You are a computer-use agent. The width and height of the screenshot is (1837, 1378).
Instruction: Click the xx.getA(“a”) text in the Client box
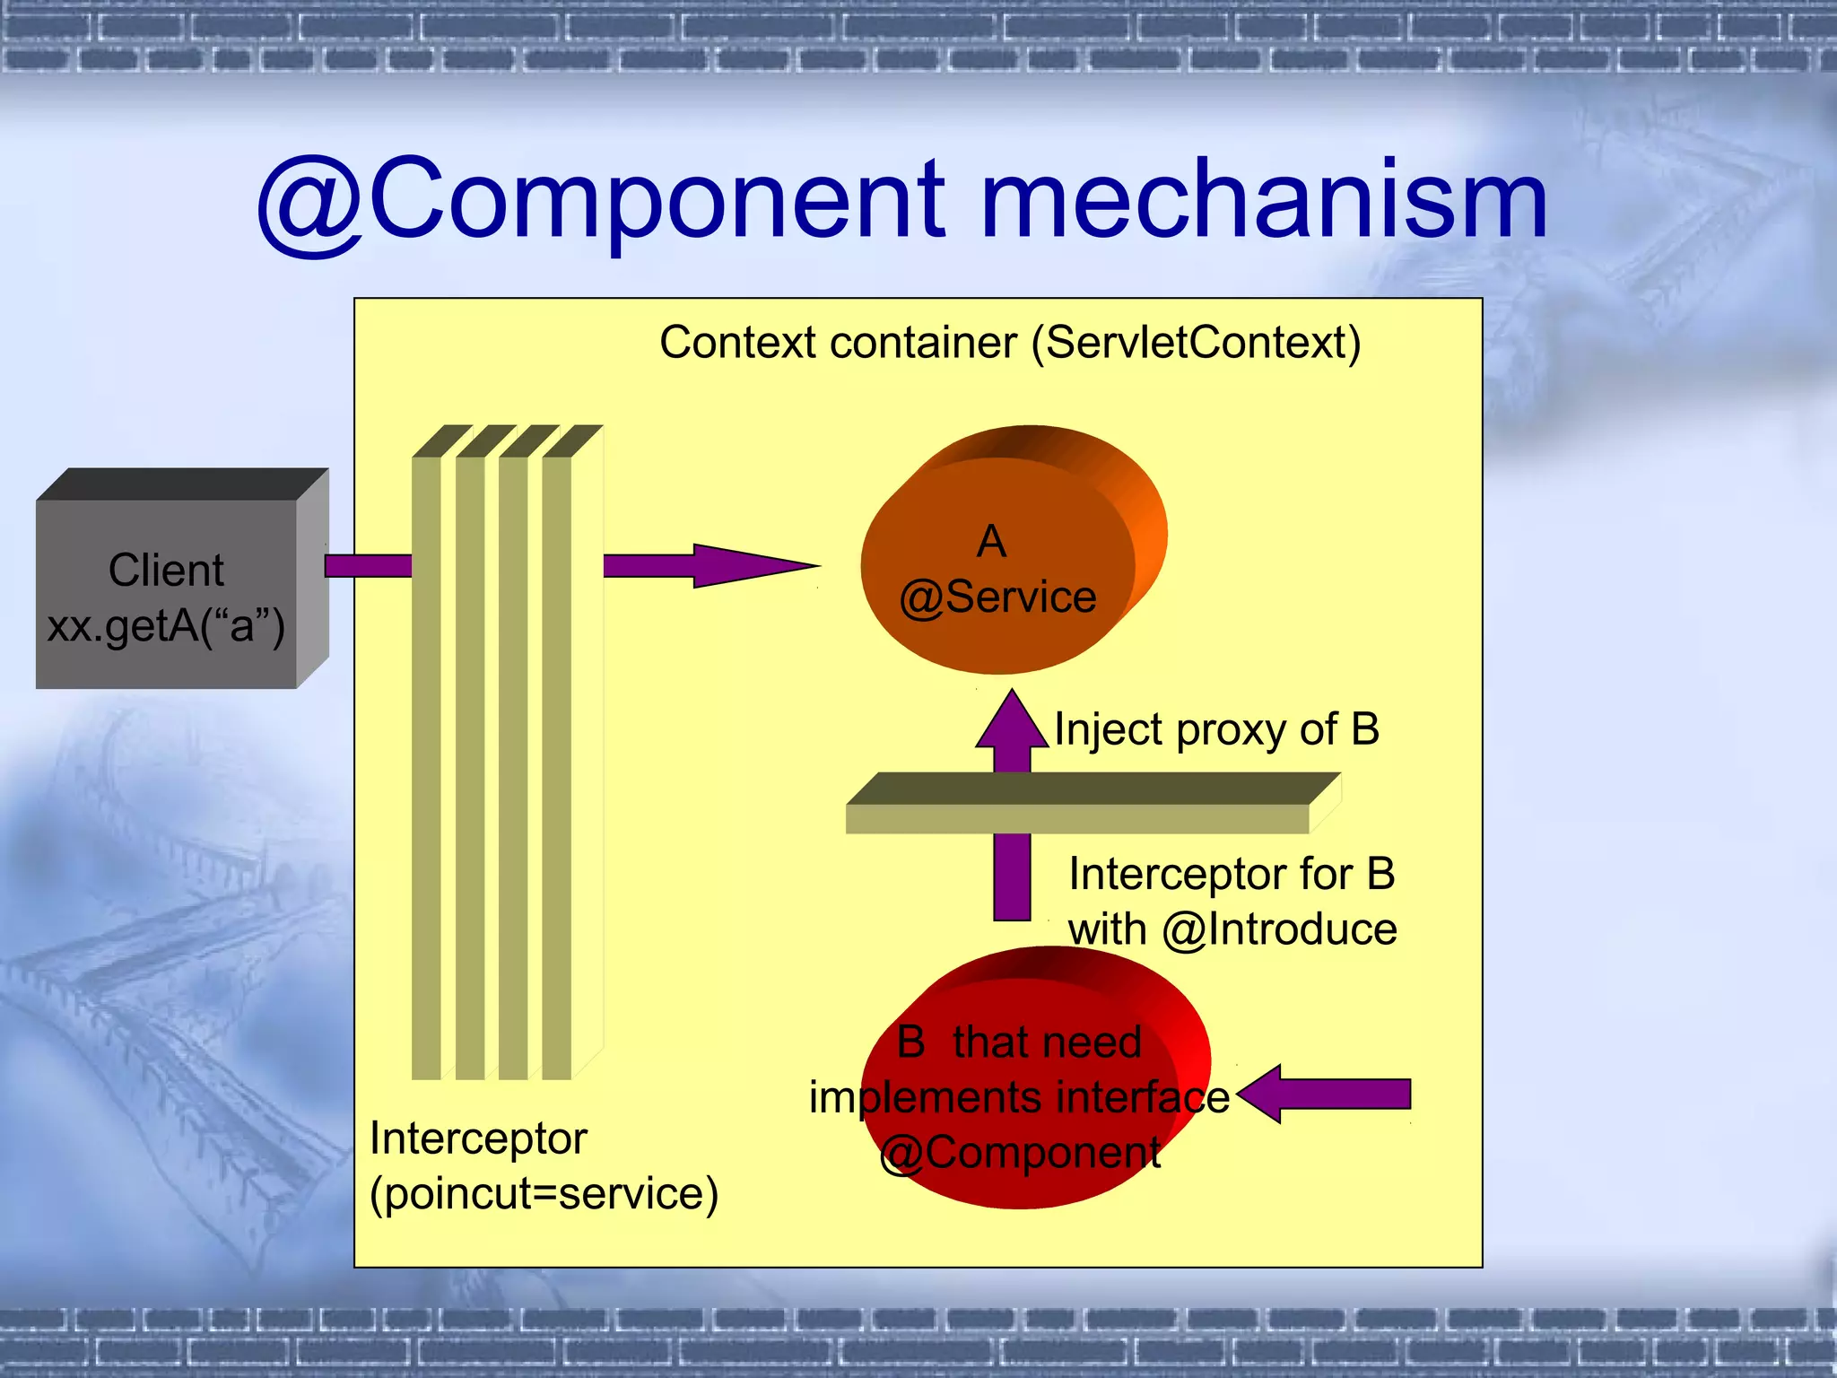(x=167, y=625)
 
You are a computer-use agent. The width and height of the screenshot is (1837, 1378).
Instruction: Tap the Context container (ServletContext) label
(x=1010, y=343)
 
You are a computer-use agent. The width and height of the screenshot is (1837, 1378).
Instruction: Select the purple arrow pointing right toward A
(x=709, y=566)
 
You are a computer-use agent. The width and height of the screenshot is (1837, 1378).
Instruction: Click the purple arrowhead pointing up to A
(x=1012, y=722)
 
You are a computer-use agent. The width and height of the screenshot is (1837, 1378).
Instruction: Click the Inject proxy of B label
(x=1216, y=728)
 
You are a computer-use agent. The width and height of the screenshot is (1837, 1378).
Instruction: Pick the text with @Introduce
(x=1232, y=929)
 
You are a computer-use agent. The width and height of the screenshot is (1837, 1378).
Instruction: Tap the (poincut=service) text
(x=544, y=1193)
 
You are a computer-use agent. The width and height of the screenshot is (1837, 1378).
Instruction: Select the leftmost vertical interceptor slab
(x=426, y=763)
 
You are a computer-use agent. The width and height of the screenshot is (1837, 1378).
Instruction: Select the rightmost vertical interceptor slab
(x=557, y=763)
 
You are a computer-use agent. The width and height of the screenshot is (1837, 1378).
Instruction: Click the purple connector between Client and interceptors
(x=368, y=566)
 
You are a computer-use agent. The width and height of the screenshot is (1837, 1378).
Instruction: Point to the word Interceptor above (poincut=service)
(x=478, y=1138)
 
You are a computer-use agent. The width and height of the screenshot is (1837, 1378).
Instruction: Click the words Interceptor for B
(x=1232, y=874)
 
